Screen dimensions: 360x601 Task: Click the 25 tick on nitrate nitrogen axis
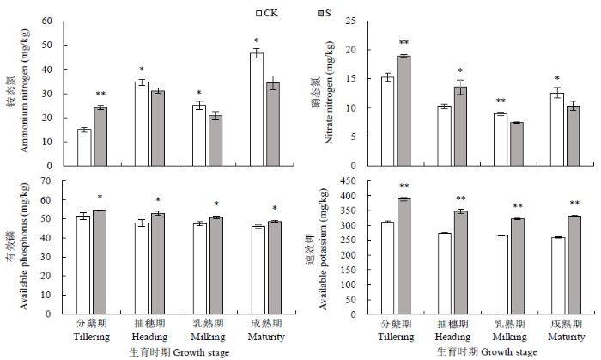(352, 21)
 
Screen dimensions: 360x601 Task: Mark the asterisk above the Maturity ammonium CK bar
(257, 41)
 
